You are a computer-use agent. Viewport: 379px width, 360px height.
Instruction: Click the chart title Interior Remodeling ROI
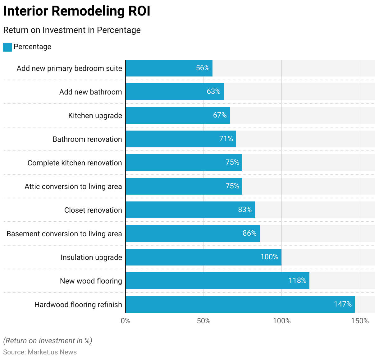point(77,11)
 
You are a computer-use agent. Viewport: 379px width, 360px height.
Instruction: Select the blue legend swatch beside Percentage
point(7,47)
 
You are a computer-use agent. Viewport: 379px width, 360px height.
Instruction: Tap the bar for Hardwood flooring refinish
point(240,304)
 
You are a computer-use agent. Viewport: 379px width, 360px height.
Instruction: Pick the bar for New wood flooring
point(217,281)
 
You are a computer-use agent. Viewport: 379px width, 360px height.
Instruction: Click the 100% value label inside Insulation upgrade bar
point(269,257)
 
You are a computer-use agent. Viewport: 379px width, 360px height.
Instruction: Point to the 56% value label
point(203,68)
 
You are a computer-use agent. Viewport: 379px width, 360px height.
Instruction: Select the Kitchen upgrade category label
point(95,116)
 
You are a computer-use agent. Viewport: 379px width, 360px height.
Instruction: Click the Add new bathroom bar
point(175,92)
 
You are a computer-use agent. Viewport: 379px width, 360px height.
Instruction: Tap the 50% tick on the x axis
point(204,321)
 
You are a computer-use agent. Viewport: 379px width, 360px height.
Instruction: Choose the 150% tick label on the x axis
point(360,321)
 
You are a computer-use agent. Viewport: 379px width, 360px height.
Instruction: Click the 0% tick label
point(126,321)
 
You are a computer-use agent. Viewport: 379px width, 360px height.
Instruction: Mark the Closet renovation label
point(93,210)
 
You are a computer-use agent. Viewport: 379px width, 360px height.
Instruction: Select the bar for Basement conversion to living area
point(193,233)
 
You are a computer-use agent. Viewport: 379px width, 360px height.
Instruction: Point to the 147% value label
point(343,304)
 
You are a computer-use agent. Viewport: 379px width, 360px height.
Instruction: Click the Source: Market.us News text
point(40,352)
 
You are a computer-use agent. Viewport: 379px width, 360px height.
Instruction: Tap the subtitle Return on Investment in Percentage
point(72,30)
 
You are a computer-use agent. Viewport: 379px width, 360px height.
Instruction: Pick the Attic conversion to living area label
point(73,187)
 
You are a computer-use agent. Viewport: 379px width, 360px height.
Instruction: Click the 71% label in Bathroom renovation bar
point(226,139)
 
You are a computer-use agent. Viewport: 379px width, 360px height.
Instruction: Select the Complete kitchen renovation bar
point(184,163)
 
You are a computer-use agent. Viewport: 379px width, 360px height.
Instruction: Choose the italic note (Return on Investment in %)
point(48,341)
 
